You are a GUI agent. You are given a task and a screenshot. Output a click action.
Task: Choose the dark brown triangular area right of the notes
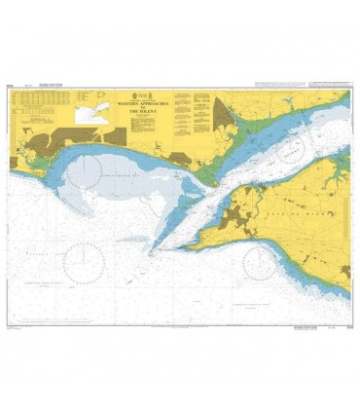225,119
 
